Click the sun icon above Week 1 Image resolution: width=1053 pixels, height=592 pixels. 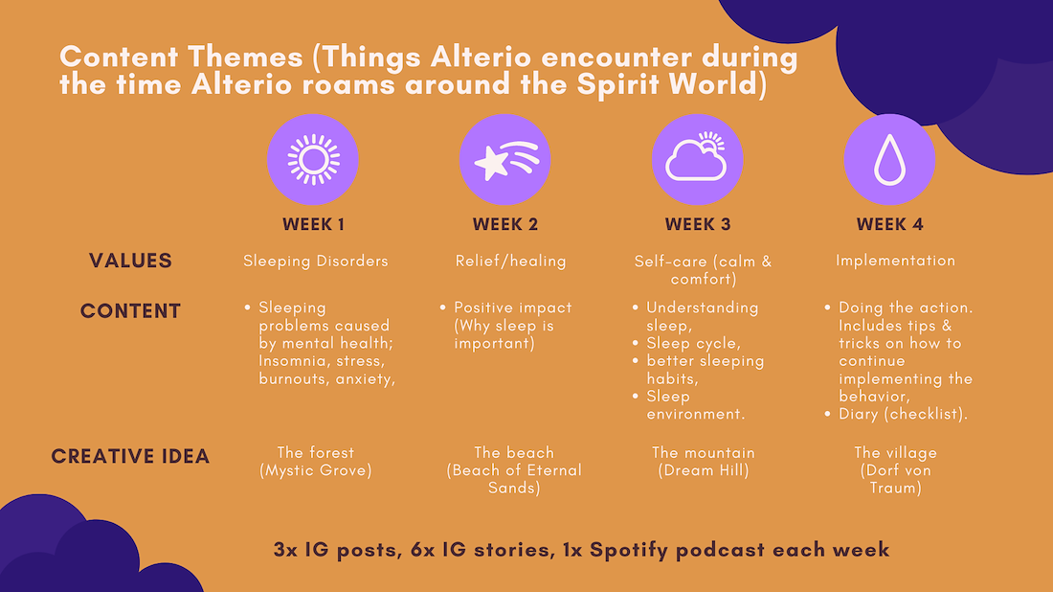(x=313, y=160)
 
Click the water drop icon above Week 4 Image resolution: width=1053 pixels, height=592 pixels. (x=890, y=159)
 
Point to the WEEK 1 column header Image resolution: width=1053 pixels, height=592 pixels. (x=314, y=224)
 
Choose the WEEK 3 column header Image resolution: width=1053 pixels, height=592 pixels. (x=698, y=224)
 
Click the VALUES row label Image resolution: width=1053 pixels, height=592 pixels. (x=130, y=261)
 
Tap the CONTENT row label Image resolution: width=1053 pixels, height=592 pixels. (x=130, y=311)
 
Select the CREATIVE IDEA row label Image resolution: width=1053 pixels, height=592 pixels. (x=130, y=456)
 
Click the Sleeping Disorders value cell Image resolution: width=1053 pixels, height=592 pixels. (x=316, y=262)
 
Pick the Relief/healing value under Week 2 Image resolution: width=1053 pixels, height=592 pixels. (x=510, y=262)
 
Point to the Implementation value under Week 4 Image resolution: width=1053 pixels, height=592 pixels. (x=895, y=261)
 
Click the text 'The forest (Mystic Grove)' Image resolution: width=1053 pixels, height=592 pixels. (x=316, y=462)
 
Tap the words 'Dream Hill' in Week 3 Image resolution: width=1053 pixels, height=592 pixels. (x=704, y=470)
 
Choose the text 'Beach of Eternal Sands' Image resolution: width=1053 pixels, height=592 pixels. (x=514, y=479)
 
